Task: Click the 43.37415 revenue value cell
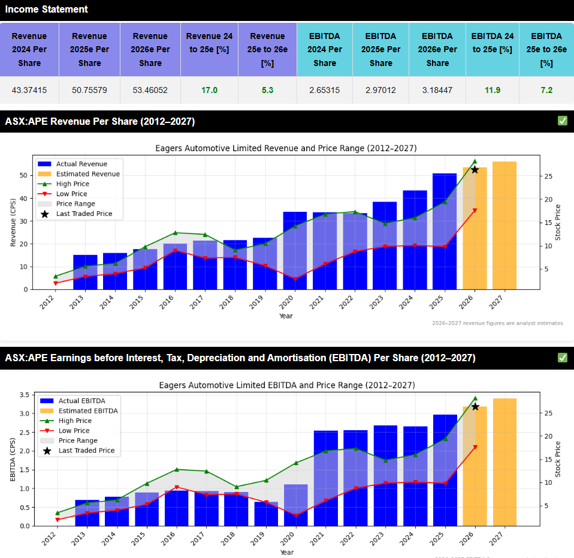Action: [29, 91]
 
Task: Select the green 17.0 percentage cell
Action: [210, 91]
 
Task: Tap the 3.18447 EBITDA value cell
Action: [437, 91]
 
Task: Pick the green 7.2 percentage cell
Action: [546, 91]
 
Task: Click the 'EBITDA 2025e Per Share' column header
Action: [381, 50]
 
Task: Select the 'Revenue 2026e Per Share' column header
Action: [150, 50]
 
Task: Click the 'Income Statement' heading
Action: [47, 10]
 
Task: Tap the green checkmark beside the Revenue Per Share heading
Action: [562, 121]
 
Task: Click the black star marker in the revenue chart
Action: [475, 170]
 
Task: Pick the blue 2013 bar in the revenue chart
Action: [85, 272]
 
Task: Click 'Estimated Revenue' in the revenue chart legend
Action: [88, 174]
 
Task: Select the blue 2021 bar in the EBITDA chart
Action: [325, 478]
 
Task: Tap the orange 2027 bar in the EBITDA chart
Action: [504, 462]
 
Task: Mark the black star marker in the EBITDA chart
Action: [475, 407]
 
